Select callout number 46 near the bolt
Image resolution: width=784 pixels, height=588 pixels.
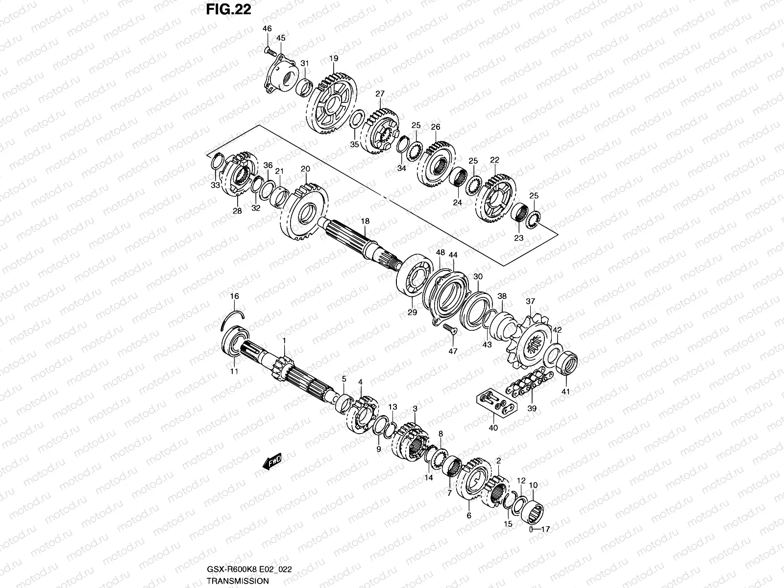pyautogui.click(x=267, y=29)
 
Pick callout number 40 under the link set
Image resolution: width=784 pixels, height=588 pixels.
pyautogui.click(x=493, y=428)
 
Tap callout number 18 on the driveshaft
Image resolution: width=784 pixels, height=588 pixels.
pyautogui.click(x=365, y=221)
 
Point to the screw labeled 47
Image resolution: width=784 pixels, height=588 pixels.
pyautogui.click(x=449, y=329)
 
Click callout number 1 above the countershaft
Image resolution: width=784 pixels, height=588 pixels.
pyautogui.click(x=283, y=340)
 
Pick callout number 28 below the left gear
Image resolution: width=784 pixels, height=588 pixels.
pyautogui.click(x=237, y=211)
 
